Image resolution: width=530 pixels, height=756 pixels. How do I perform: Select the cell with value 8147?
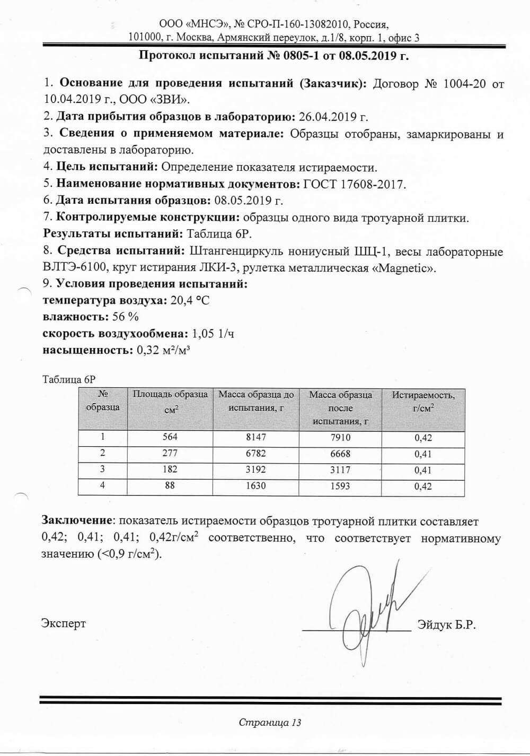256,438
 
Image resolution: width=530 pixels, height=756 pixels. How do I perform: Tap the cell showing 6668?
340,454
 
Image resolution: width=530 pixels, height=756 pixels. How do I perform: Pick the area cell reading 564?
170,437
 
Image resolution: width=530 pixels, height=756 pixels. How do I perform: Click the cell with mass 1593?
340,486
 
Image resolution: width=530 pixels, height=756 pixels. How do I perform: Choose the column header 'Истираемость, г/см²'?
423,402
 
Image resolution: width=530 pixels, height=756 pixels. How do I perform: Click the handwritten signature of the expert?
366,610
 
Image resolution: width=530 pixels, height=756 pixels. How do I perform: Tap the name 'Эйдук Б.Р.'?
446,625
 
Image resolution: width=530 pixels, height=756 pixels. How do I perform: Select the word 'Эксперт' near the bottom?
64,623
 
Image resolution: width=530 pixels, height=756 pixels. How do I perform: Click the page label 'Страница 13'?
270,722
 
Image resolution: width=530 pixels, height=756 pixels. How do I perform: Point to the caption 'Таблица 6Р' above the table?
68,379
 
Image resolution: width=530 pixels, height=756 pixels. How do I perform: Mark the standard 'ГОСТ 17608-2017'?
354,184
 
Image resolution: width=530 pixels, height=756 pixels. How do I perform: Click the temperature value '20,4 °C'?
190,301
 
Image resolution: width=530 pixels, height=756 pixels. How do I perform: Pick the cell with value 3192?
256,470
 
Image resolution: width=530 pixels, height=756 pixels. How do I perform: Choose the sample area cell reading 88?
170,486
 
